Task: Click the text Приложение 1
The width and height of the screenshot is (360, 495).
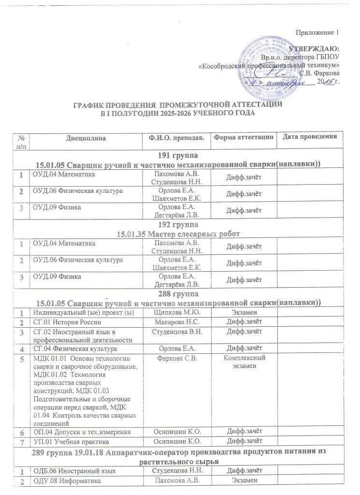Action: [x=318, y=32]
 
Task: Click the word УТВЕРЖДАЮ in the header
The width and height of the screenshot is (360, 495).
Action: [x=314, y=49]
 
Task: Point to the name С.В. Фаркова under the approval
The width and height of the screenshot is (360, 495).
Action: [x=319, y=73]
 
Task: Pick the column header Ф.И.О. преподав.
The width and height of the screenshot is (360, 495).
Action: [x=175, y=138]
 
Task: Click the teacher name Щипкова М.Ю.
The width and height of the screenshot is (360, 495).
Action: [x=175, y=313]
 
